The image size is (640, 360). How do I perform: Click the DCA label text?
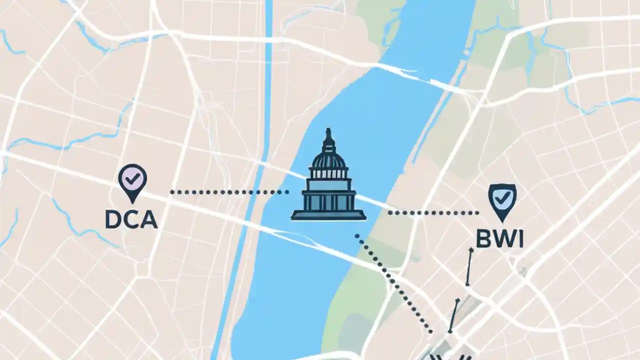pyautogui.click(x=131, y=219)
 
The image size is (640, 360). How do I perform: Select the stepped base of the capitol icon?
pyautogui.click(x=328, y=215)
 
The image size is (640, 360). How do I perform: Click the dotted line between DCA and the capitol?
pyautogui.click(x=229, y=192)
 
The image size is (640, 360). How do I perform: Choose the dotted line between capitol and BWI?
pyautogui.click(x=433, y=213)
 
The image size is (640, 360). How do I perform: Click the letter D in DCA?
pyautogui.click(x=114, y=219)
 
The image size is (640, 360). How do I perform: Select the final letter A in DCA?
pyautogui.click(x=148, y=219)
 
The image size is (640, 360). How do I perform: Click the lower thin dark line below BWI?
pyautogui.click(x=454, y=315)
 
